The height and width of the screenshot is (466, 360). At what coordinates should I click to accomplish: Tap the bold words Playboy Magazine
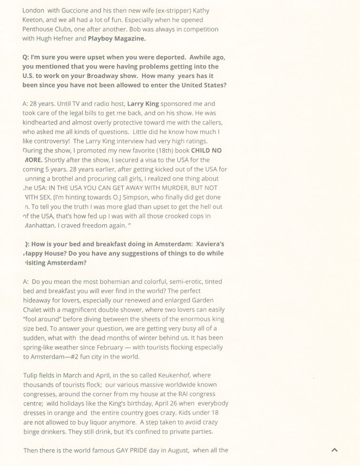click(117, 39)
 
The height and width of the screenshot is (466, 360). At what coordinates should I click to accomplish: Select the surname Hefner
click(74, 39)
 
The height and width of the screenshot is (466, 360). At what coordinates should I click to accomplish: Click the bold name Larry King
click(143, 104)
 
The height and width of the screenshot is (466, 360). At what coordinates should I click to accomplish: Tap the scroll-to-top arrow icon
click(335, 450)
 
